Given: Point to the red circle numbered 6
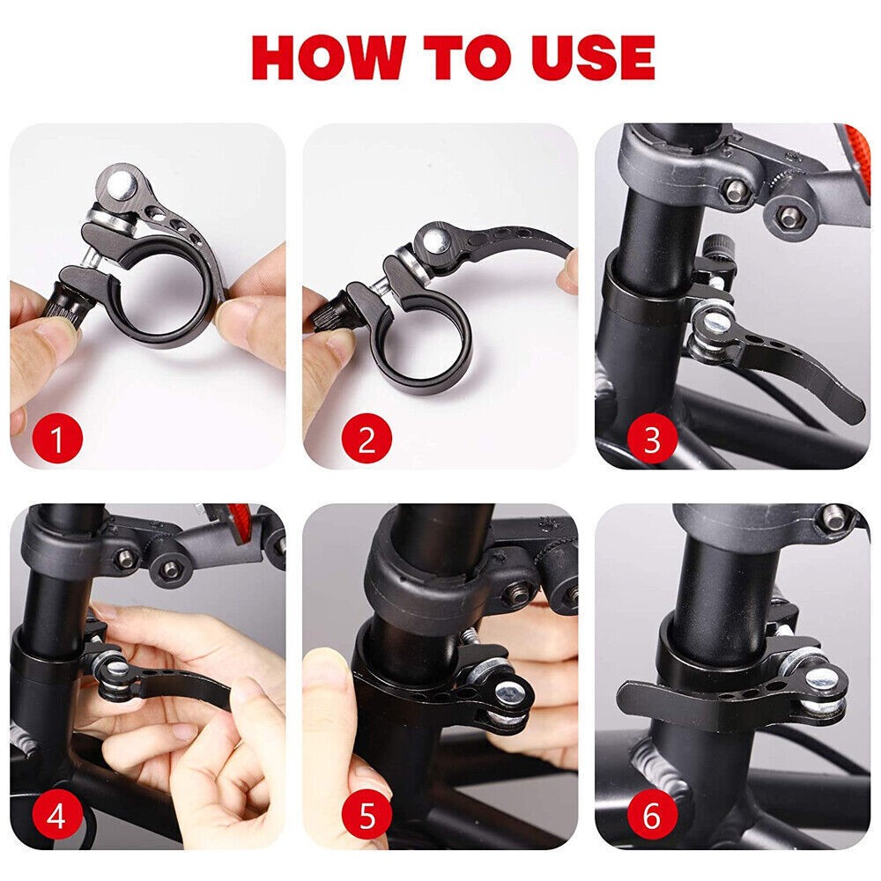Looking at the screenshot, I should pyautogui.click(x=651, y=818).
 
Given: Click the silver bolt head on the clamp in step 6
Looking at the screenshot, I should pyautogui.click(x=820, y=677).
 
